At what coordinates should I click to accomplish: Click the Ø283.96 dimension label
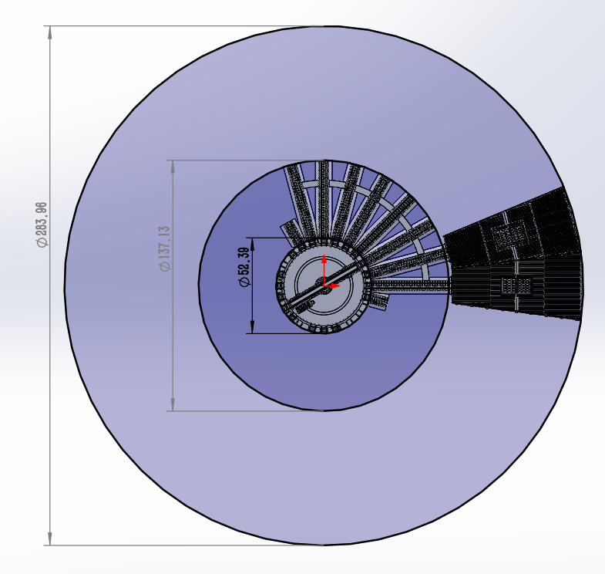(x=42, y=225)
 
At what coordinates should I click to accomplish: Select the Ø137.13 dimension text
(x=165, y=248)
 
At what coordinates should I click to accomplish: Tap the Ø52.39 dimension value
(x=244, y=267)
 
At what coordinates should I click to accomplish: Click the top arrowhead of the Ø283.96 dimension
(x=50, y=32)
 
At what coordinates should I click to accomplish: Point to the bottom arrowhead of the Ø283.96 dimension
(x=50, y=539)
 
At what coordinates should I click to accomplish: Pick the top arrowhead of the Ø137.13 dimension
(x=173, y=167)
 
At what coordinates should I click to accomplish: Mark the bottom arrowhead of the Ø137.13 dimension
(x=173, y=404)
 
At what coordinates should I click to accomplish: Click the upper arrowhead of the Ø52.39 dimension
(x=253, y=244)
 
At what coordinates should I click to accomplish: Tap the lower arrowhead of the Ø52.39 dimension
(x=253, y=327)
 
